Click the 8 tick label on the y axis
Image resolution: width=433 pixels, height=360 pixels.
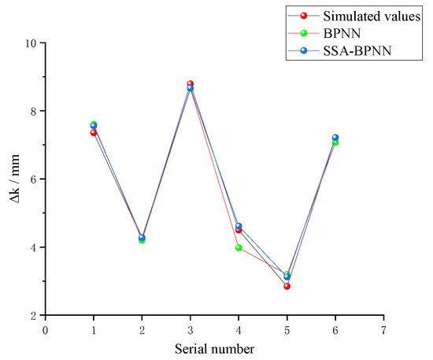pos(35,111)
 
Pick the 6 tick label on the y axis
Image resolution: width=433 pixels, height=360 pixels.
pos(35,179)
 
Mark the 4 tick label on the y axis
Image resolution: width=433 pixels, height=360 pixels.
pos(35,247)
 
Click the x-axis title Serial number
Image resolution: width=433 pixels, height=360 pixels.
pos(214,347)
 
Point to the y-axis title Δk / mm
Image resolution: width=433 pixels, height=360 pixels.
pos(13,179)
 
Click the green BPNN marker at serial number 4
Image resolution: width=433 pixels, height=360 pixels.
pos(239,247)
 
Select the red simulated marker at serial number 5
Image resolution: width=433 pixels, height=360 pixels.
pos(287,286)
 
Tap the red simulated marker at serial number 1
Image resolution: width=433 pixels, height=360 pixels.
pos(94,132)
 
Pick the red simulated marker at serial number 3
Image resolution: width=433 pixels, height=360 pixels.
pos(191,84)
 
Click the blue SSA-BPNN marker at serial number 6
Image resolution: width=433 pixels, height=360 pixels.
pos(335,138)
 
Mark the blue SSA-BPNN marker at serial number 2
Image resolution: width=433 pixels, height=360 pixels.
pos(142,237)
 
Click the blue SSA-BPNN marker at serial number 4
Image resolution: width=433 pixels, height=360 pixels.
pos(239,226)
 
